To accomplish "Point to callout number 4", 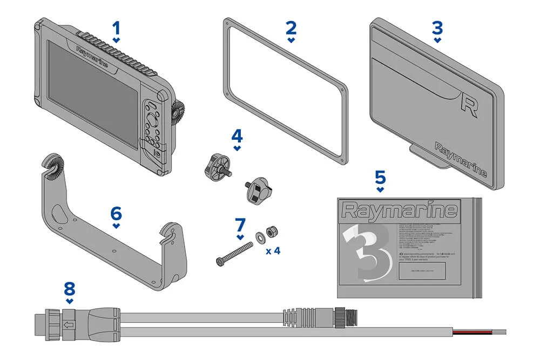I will (x=237, y=135).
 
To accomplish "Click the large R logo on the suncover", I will (x=469, y=103).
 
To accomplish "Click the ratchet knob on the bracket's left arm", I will (x=52, y=165).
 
